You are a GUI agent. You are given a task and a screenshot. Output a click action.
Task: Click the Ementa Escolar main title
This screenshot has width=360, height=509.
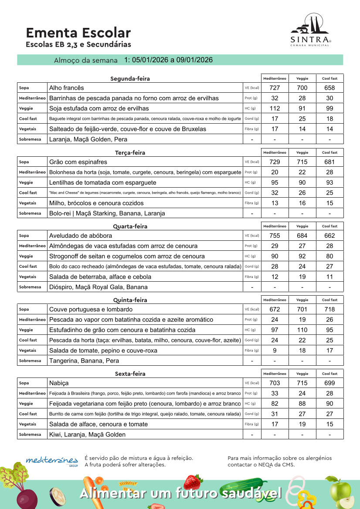[78, 33]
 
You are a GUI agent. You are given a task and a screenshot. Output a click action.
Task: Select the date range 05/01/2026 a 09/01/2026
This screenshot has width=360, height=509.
[168, 60]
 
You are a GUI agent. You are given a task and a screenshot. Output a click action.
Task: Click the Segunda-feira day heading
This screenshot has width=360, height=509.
[130, 79]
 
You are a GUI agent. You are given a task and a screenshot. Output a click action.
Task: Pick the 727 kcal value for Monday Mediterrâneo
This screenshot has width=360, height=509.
[275, 88]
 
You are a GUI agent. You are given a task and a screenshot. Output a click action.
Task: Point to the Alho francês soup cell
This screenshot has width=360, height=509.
[67, 88]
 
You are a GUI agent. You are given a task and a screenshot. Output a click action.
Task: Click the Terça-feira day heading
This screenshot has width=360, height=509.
[130, 153]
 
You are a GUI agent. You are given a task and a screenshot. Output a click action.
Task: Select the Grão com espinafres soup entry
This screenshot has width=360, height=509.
[78, 162]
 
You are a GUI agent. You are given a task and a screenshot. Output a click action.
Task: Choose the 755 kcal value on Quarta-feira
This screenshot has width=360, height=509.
[275, 236]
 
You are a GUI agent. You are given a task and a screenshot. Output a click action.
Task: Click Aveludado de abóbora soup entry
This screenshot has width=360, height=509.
[81, 236]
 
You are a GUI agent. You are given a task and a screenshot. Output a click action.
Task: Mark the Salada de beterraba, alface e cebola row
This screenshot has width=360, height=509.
[100, 277]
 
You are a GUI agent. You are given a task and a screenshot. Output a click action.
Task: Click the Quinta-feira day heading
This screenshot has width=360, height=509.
[130, 300]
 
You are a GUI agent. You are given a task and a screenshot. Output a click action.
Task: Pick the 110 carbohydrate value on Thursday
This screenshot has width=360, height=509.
[302, 330]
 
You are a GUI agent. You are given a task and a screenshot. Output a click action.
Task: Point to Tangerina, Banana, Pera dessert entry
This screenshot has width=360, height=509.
[84, 361]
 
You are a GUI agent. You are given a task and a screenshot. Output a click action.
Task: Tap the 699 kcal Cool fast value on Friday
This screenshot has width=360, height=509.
[329, 383]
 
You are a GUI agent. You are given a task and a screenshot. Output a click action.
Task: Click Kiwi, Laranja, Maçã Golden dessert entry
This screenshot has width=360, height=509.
[87, 435]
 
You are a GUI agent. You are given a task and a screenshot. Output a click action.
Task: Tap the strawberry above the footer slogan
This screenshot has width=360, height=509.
[193, 481]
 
